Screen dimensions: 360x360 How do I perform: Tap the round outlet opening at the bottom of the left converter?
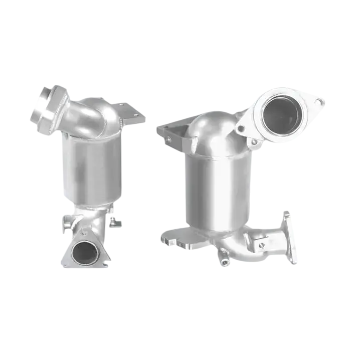point(84,252)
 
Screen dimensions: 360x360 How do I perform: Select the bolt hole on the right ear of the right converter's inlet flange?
point(319,102)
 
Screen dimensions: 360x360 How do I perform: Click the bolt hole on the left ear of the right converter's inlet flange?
point(242,128)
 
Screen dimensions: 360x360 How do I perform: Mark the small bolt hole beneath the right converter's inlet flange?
point(255,142)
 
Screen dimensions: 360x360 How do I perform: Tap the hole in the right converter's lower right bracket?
point(261,245)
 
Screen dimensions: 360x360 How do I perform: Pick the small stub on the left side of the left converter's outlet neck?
point(67,225)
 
